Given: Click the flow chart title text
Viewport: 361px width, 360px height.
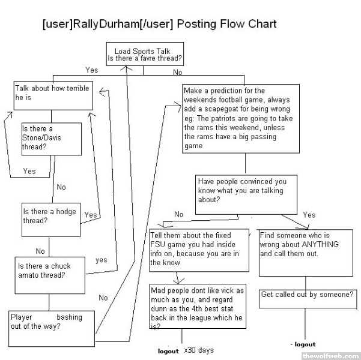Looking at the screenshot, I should pos(159,24).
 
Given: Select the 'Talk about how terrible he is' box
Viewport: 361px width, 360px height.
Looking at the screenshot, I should pos(53,96).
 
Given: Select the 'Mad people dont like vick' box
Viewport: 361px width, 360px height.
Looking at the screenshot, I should pos(198,307).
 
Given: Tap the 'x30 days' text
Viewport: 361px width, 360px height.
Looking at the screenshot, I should pos(199,350).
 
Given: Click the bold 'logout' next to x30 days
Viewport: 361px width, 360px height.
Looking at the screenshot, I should pos(168,350).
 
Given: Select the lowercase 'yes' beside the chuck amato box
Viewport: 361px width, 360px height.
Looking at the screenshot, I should pos(101,260).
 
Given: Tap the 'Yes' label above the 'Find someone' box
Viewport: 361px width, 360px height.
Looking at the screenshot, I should pos(309,214).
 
